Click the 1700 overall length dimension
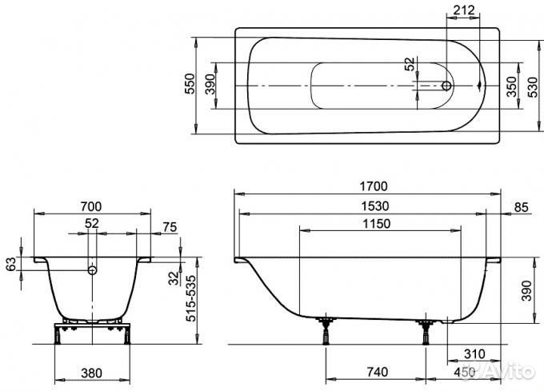tap(374, 186)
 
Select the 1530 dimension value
tap(375, 206)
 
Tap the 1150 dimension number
tap(377, 224)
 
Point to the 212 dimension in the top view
tap(464, 10)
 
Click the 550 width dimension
tap(190, 83)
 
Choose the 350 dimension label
tap(511, 86)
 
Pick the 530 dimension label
tap(532, 86)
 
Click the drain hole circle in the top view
tap(446, 86)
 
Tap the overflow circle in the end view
tap(92, 269)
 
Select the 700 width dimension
tap(91, 206)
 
